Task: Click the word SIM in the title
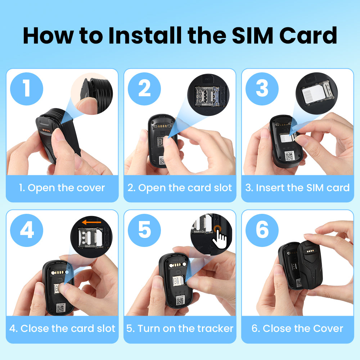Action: pyautogui.click(x=252, y=35)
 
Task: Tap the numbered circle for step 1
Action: pyautogui.click(x=27, y=89)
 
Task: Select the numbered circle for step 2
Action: pyautogui.click(x=144, y=89)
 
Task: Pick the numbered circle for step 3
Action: pyautogui.click(x=262, y=89)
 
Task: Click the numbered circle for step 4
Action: pyautogui.click(x=27, y=230)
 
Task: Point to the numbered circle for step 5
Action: pyautogui.click(x=144, y=230)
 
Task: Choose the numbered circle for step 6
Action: pyautogui.click(x=262, y=230)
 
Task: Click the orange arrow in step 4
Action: pyautogui.click(x=91, y=222)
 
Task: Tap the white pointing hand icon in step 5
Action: pyautogui.click(x=220, y=240)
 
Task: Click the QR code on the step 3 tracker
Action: pyautogui.click(x=289, y=156)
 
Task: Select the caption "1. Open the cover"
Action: pyautogui.click(x=62, y=188)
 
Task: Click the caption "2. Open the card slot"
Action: pyautogui.click(x=180, y=188)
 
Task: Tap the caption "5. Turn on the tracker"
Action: pyautogui.click(x=180, y=329)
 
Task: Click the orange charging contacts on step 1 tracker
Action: pyautogui.click(x=46, y=130)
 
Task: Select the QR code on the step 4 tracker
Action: pyautogui.click(x=61, y=308)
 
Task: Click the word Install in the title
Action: pyautogui.click(x=145, y=35)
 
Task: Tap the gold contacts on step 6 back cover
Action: pyautogui.click(x=310, y=251)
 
